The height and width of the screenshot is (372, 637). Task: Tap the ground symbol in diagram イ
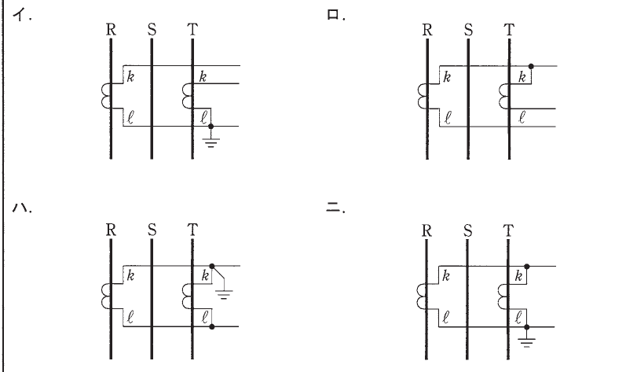click(211, 142)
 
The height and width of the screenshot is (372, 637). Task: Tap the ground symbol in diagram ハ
click(224, 294)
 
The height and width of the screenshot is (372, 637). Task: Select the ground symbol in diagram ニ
click(526, 343)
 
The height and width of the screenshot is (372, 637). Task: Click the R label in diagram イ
click(111, 30)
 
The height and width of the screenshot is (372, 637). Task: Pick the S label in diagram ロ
click(468, 30)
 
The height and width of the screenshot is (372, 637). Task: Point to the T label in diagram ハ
click(192, 230)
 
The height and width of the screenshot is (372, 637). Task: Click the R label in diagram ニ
click(426, 230)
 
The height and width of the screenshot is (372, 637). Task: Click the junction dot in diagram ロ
click(531, 66)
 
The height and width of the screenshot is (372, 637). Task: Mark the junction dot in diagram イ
click(211, 127)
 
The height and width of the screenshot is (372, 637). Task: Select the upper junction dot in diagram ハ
click(211, 267)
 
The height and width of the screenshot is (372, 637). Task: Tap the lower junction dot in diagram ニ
click(526, 327)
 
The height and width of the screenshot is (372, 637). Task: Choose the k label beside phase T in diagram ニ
click(518, 276)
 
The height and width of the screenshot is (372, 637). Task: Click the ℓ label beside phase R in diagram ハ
click(130, 317)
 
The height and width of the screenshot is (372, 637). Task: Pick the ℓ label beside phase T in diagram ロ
click(522, 117)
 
